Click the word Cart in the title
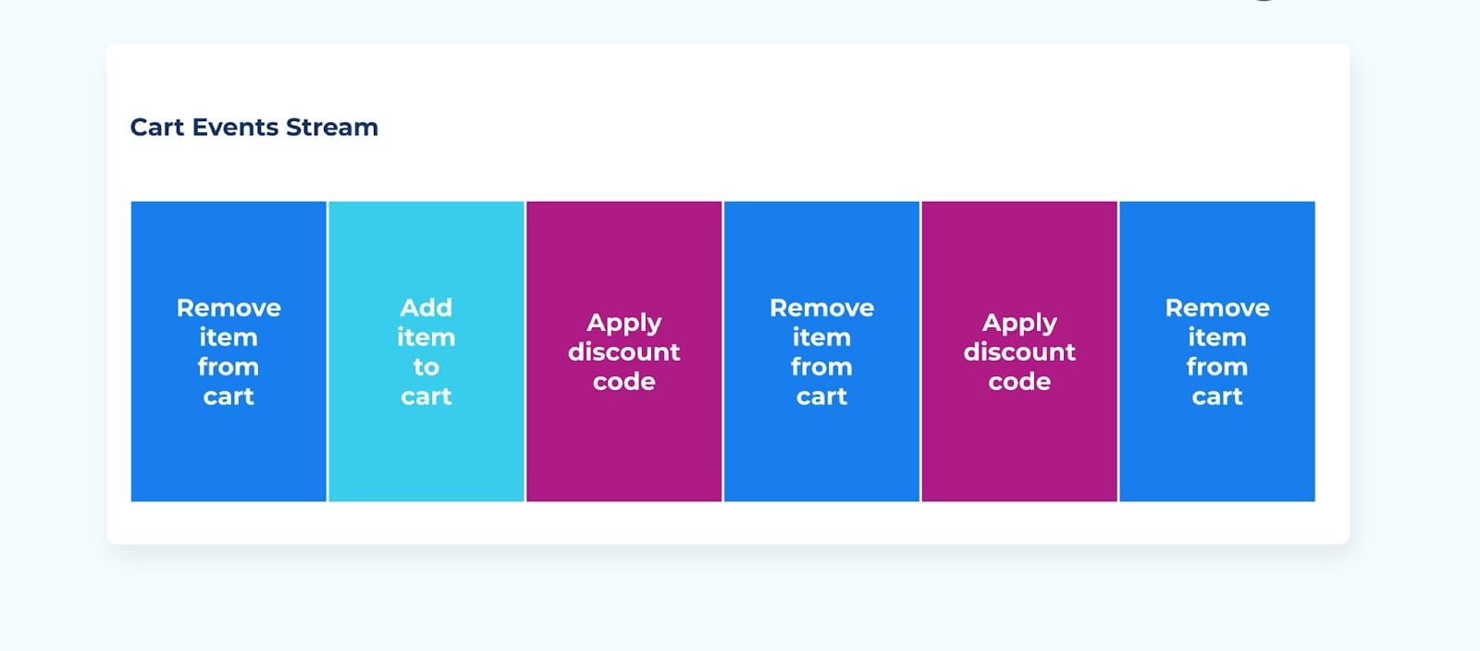pyautogui.click(x=157, y=127)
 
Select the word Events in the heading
pyautogui.click(x=235, y=127)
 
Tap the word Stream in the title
pyautogui.click(x=332, y=127)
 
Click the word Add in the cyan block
pyautogui.click(x=426, y=308)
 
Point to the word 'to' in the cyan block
pyautogui.click(x=426, y=367)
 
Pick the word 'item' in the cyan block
pyautogui.click(x=426, y=338)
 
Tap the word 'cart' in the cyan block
pyautogui.click(x=426, y=397)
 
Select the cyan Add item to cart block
pyautogui.click(x=426, y=351)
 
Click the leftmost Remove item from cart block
pyautogui.click(x=228, y=351)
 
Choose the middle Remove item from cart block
pyautogui.click(x=822, y=351)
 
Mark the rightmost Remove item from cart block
pyautogui.click(x=1217, y=351)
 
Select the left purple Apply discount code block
pyautogui.click(x=624, y=351)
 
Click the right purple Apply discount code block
pyautogui.click(x=1019, y=351)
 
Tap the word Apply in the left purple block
pyautogui.click(x=624, y=324)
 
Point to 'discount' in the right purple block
pyautogui.click(x=1019, y=352)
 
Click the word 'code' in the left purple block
pyautogui.click(x=624, y=382)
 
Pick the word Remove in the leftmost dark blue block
pyautogui.click(x=228, y=308)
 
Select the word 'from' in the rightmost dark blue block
pyautogui.click(x=1217, y=367)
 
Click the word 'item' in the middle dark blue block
pyautogui.click(x=822, y=338)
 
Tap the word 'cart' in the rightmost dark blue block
pyautogui.click(x=1217, y=397)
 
